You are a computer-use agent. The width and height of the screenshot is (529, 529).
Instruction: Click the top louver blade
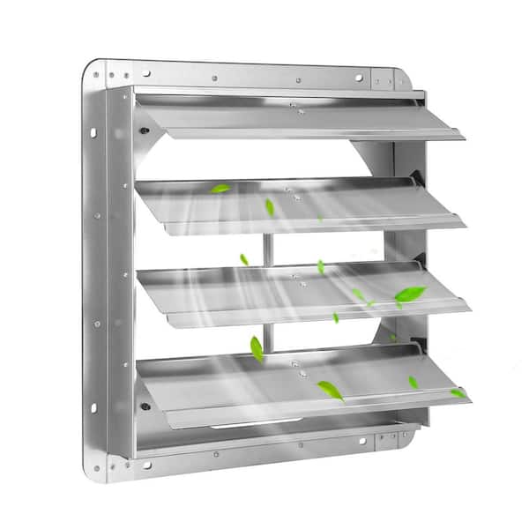point(300,119)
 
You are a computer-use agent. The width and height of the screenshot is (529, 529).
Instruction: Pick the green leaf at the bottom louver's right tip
point(458,393)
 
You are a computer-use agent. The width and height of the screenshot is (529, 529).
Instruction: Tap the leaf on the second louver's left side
point(220,188)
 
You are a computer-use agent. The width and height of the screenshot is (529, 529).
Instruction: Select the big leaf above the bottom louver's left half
point(257,348)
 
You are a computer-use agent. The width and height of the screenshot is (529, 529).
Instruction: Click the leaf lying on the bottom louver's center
point(331,390)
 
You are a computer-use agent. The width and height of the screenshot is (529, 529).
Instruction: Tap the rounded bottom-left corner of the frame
point(96,473)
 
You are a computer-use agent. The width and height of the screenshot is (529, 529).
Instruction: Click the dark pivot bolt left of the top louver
point(144,130)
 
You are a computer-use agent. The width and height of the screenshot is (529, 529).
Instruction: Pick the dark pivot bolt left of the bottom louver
point(145,406)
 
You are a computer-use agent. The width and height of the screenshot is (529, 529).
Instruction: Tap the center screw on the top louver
point(294,108)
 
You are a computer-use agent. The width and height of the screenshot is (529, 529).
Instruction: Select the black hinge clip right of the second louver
point(415,181)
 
